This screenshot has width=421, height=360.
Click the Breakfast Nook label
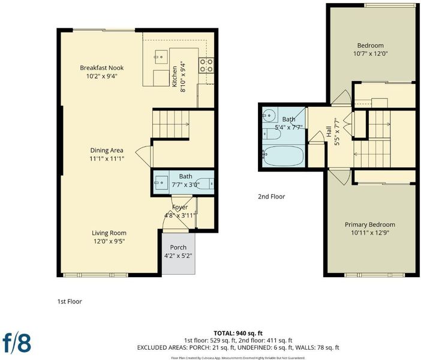[102, 68]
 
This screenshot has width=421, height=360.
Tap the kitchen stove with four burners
[206, 65]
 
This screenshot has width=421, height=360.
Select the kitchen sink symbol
[161, 56]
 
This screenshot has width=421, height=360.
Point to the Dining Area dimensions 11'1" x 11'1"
[107, 159]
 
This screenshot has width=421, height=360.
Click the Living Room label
[109, 233]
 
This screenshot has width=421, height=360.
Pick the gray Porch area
[179, 253]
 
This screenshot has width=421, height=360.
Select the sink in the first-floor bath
[161, 183]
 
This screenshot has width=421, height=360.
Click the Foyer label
[180, 207]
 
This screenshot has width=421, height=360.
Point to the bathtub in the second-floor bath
[283, 156]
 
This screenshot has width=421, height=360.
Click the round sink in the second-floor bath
[269, 116]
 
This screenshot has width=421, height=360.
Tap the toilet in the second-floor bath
[272, 134]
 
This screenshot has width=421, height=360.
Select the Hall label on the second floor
[329, 131]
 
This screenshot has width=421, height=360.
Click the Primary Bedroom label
[370, 224]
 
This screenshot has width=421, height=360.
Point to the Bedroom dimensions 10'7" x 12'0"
[371, 54]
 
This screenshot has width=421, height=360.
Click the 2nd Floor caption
[272, 197]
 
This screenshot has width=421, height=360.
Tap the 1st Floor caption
[70, 301]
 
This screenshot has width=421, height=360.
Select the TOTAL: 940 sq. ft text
[238, 334]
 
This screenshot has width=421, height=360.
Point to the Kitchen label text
[175, 77]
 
